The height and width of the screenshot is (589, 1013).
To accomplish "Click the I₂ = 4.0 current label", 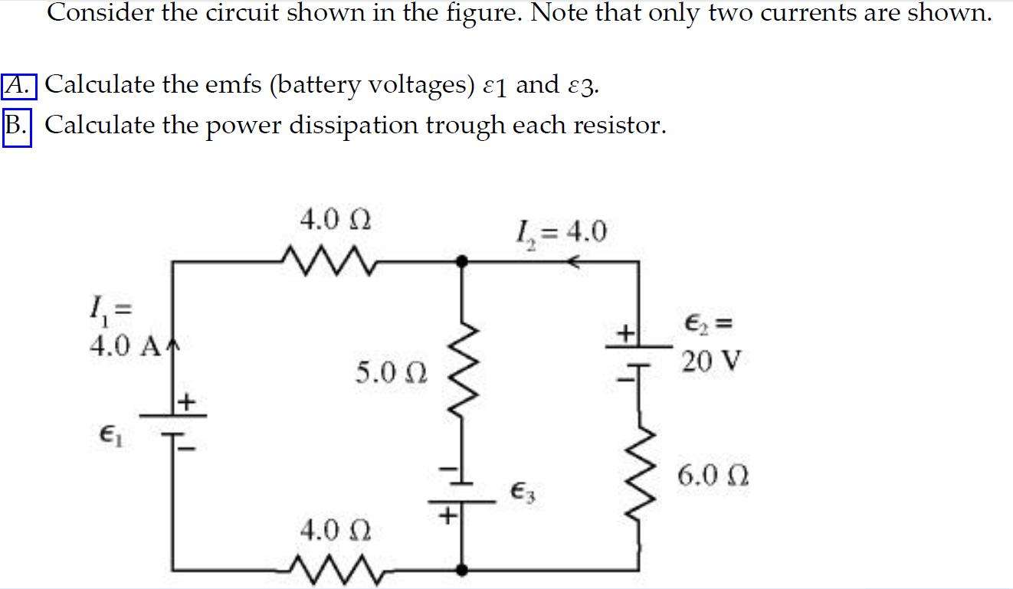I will [x=563, y=229].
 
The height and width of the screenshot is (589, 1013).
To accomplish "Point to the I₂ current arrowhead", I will [x=572, y=262].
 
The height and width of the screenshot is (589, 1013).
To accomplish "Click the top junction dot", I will [x=461, y=261].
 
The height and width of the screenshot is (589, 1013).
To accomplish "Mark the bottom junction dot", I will [x=461, y=569].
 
